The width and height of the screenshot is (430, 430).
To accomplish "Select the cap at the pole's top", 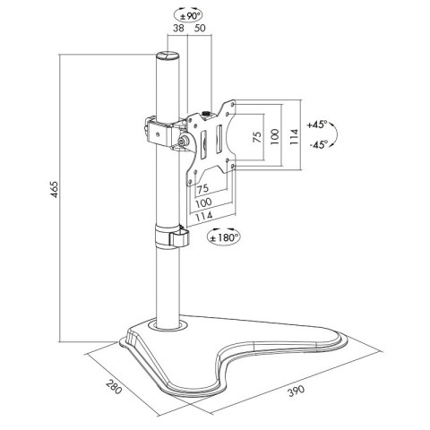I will [x=168, y=56].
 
